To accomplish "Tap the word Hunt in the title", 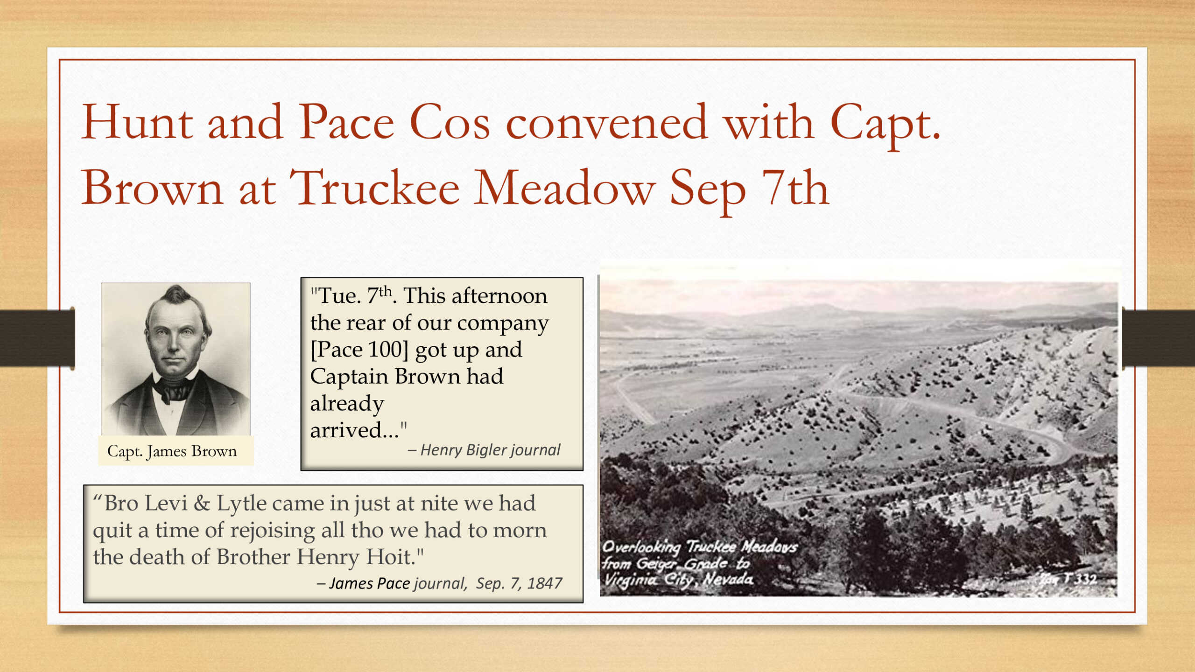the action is (137, 122).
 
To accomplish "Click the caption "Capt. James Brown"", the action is (172, 451).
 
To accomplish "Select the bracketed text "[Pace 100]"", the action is (359, 350).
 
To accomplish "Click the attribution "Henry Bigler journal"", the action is (490, 450).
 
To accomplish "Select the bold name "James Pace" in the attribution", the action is (370, 583).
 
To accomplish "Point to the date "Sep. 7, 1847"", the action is (519, 583).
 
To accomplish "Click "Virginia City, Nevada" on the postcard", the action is (678, 580).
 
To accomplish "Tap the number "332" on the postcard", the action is (1086, 579).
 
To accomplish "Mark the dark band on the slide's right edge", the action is (1159, 338).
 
